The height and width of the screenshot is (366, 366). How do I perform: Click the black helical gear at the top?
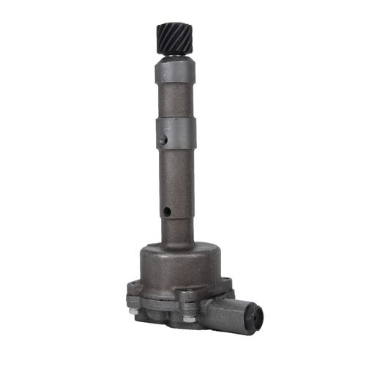[x=174, y=37]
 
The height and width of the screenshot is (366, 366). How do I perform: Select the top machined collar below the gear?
[x=175, y=71]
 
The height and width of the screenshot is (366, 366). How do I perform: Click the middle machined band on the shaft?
[x=176, y=134]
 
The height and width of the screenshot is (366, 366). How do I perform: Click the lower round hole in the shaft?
[x=167, y=212]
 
